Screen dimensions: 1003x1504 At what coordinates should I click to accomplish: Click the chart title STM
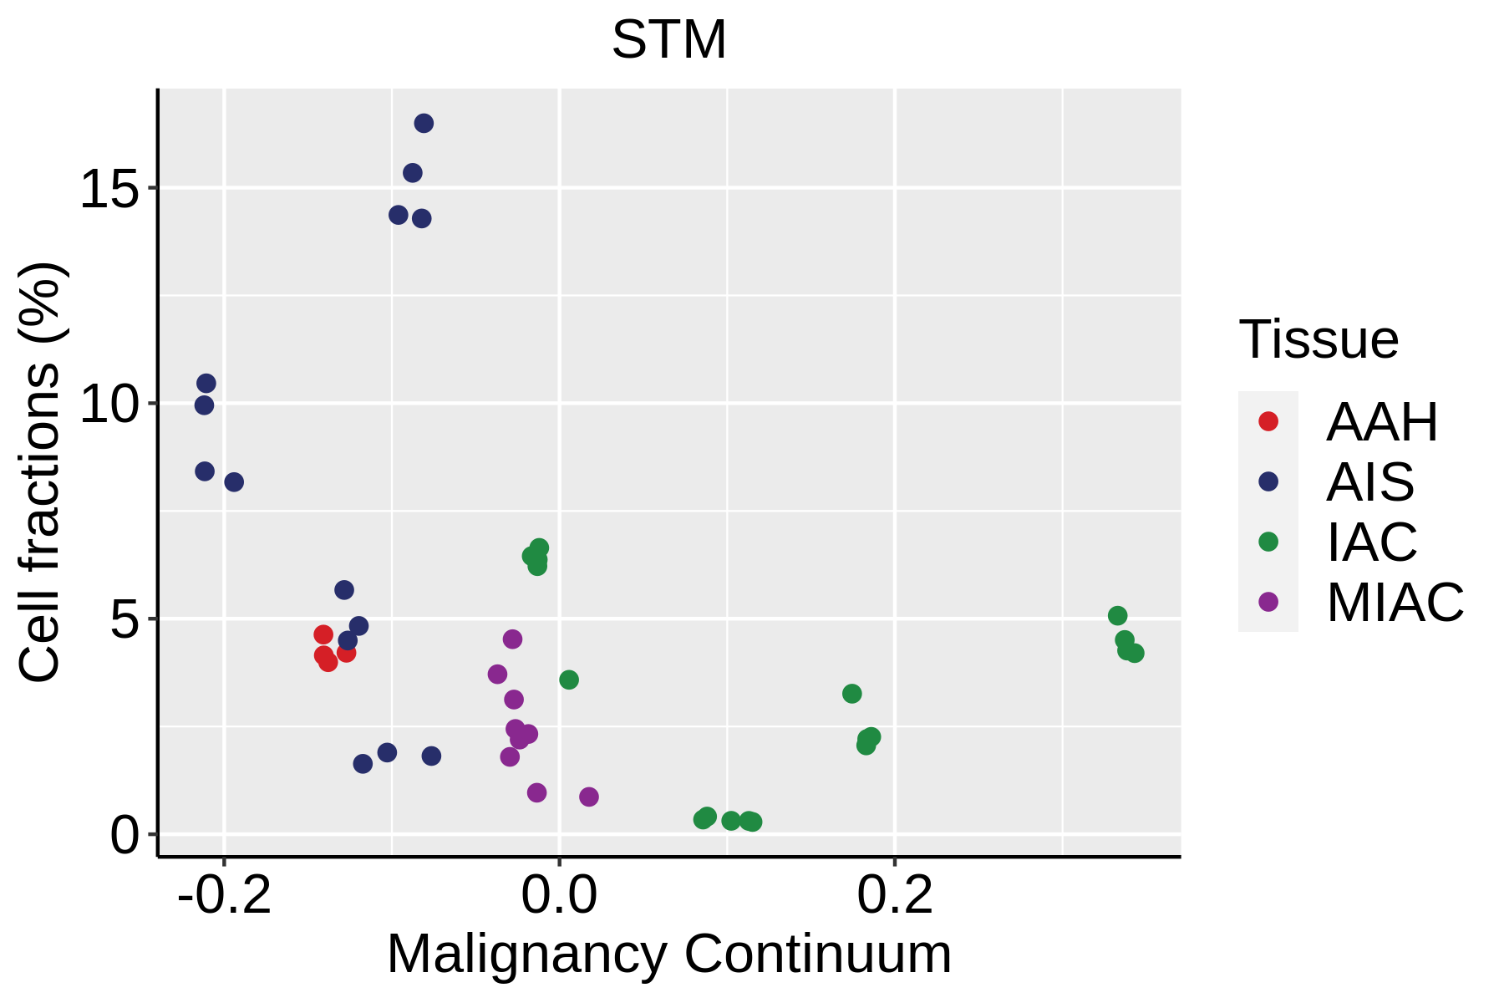[x=669, y=39]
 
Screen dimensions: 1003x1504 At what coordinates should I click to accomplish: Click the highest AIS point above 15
[x=424, y=124]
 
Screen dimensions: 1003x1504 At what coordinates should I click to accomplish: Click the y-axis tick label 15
[x=109, y=189]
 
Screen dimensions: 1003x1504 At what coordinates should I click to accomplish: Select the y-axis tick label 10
[x=109, y=405]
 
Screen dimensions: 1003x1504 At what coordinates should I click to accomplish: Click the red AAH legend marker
[x=1268, y=421]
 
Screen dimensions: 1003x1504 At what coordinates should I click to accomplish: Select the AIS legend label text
[x=1370, y=482]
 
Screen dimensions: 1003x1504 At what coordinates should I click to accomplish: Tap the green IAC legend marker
[x=1268, y=542]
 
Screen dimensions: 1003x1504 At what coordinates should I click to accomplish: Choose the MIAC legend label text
[x=1395, y=602]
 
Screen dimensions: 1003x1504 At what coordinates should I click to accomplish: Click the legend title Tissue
[x=1319, y=340]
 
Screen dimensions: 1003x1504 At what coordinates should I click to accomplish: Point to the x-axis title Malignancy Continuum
[x=669, y=955]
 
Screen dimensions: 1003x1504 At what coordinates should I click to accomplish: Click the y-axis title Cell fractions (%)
[x=39, y=472]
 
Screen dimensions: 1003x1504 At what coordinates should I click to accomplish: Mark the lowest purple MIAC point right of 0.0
[x=589, y=797]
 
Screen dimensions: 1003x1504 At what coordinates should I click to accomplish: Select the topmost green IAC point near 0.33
[x=1117, y=616]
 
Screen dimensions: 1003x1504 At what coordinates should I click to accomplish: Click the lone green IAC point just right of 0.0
[x=569, y=680]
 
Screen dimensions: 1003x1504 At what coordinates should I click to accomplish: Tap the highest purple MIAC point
[x=512, y=639]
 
